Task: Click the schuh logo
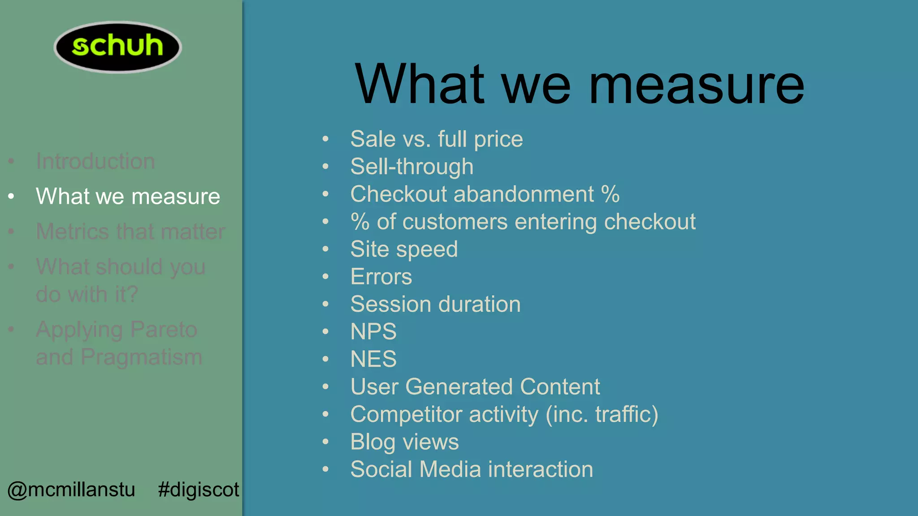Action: coord(117,47)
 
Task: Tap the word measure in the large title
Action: coord(697,85)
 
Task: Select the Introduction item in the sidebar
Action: coord(95,161)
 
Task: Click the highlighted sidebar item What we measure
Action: coord(128,196)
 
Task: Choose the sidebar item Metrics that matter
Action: coord(130,232)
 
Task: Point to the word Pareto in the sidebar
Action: coord(164,330)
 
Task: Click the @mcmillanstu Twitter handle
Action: coord(71,489)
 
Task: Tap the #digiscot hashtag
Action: coord(199,489)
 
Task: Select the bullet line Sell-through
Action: coord(411,167)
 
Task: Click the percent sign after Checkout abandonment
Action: coord(610,194)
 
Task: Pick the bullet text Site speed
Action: coord(404,249)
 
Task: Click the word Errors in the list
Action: coord(381,277)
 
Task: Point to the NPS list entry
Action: coord(373,331)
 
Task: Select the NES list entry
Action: coord(373,359)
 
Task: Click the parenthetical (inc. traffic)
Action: coord(602,414)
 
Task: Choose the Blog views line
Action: coord(404,442)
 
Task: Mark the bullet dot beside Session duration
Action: coord(325,304)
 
